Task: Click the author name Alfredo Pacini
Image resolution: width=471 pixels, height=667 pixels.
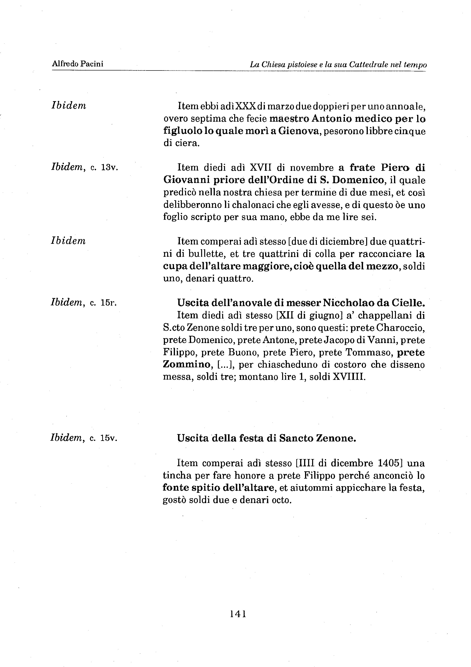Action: [x=77, y=64]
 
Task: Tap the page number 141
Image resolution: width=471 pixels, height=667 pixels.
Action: [x=238, y=613]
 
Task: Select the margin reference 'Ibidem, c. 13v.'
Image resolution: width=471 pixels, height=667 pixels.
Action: [x=84, y=168]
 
